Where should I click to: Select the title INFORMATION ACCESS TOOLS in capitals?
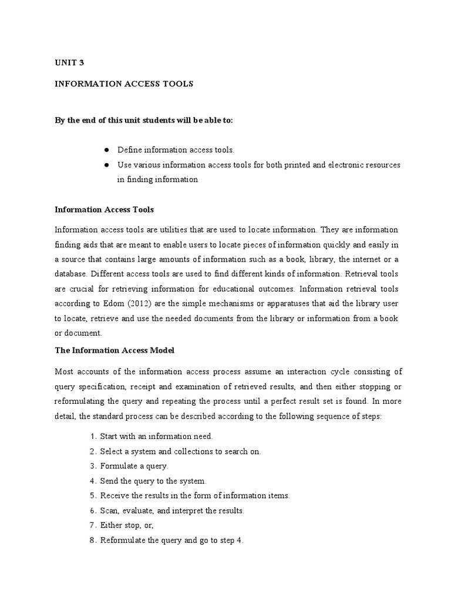[124, 84]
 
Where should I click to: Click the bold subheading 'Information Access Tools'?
[104, 209]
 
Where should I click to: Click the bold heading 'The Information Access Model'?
[115, 350]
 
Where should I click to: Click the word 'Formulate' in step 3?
[118, 467]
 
